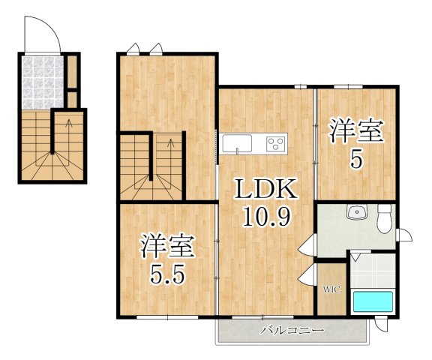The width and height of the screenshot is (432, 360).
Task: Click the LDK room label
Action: click(x=265, y=189)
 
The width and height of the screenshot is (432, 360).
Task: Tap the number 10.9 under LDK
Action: click(x=267, y=217)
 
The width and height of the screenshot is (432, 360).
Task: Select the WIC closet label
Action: click(x=331, y=289)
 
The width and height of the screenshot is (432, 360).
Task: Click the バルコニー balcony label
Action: click(x=292, y=330)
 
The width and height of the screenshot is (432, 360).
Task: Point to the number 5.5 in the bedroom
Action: click(x=166, y=274)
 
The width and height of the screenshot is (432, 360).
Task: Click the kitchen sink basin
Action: click(x=237, y=143)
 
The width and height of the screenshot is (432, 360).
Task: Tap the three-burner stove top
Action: click(x=276, y=143)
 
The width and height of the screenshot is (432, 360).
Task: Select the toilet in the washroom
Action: click(x=384, y=219)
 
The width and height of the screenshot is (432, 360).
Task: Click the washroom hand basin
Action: click(x=357, y=212)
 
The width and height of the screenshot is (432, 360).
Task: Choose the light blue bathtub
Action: click(x=373, y=301)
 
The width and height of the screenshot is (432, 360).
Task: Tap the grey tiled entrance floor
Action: click(x=43, y=82)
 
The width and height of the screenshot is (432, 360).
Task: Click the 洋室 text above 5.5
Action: click(x=167, y=247)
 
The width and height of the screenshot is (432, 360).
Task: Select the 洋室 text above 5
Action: click(x=356, y=131)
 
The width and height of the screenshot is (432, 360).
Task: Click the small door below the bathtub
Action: click(x=382, y=325)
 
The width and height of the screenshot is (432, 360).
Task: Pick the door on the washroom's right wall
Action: click(x=404, y=235)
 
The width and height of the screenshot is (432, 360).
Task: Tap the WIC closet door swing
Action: click(x=307, y=274)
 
